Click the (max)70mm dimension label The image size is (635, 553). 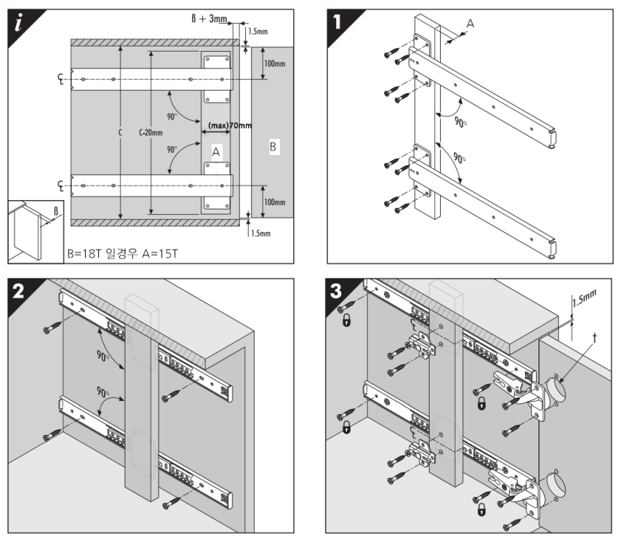(230, 126)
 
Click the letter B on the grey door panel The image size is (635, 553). (272, 148)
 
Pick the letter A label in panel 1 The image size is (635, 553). (470, 24)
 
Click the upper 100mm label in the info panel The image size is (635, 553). (275, 64)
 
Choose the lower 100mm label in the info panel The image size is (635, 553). (275, 201)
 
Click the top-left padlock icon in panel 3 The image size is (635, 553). (343, 320)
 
